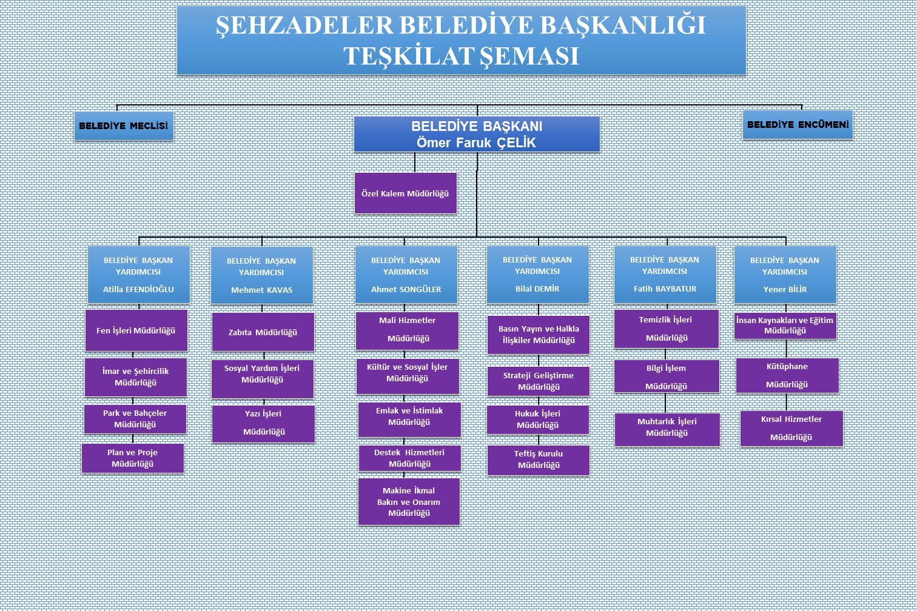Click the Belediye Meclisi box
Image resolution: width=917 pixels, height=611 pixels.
tap(124, 125)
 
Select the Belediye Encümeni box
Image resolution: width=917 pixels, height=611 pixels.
tap(798, 124)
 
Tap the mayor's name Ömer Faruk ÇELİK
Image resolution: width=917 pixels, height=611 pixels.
tap(476, 143)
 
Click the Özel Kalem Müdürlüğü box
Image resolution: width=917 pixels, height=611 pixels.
tap(405, 193)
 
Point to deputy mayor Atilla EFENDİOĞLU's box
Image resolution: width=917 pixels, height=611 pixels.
tap(139, 275)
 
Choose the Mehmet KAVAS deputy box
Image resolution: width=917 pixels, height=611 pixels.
tap(261, 275)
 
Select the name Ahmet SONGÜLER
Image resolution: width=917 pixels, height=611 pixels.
tap(406, 289)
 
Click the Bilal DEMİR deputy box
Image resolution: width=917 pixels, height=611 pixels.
tap(537, 274)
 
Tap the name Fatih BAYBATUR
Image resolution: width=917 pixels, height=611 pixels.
tap(665, 289)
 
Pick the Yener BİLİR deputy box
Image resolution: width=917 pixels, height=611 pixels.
tap(785, 275)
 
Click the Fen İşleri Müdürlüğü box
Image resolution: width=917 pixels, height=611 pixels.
tap(136, 330)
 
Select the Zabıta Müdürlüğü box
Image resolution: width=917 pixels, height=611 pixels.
tap(263, 332)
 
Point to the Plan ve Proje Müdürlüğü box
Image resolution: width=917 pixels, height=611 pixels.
tap(133, 458)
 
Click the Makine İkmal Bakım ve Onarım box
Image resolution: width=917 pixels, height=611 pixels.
tap(409, 502)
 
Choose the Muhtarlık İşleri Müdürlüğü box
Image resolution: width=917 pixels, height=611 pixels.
tap(667, 429)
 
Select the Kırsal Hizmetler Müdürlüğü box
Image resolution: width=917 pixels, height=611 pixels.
tap(791, 429)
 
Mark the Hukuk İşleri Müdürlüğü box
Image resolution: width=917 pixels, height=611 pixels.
tap(538, 419)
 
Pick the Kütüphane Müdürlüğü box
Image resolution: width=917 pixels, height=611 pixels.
tap(787, 376)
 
